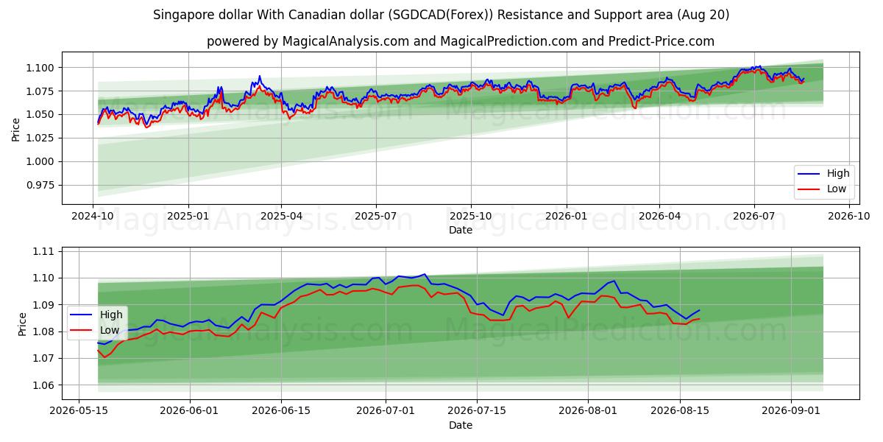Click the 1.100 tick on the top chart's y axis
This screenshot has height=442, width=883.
pos(40,68)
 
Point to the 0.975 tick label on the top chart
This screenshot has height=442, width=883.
pos(40,185)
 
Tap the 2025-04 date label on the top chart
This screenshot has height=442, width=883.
pos(281,217)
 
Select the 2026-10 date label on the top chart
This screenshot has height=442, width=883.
pos(848,217)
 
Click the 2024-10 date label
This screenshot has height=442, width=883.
pos(93,217)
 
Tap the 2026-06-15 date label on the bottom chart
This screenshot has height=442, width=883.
pos(281,411)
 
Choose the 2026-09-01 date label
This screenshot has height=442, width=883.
pos(791,411)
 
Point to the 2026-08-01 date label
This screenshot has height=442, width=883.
pos(588,411)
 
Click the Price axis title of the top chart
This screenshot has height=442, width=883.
pos(15,130)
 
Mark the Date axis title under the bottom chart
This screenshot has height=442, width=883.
pos(461,425)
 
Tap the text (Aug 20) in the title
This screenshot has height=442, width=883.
pos(703,15)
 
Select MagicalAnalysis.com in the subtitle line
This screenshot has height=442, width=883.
pos(346,41)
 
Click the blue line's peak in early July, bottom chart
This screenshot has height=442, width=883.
pos(424,274)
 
